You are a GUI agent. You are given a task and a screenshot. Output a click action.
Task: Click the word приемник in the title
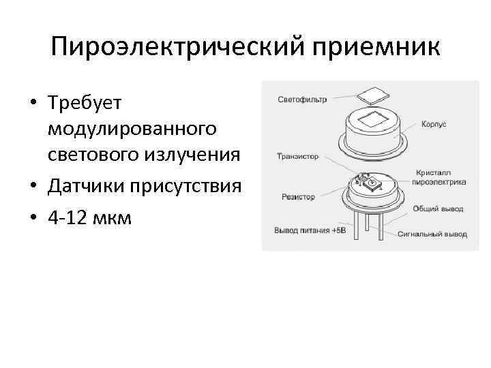tap(374, 48)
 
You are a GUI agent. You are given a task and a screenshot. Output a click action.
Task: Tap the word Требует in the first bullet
tap(84, 104)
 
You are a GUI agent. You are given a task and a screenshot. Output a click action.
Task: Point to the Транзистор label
tap(299, 156)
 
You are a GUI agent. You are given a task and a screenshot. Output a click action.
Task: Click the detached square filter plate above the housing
tap(372, 95)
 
